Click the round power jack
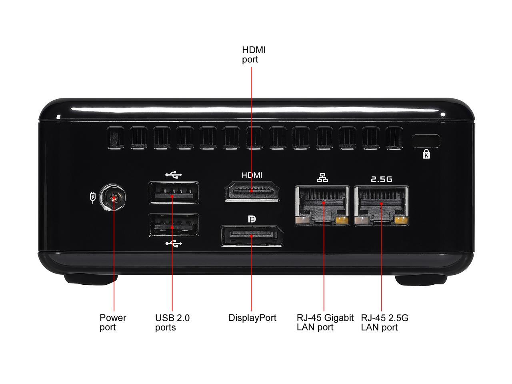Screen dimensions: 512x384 pos(112,198)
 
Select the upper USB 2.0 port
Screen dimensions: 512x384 pos(174,192)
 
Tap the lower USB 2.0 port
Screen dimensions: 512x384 pos(174,225)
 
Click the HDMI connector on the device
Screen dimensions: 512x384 pos(252,191)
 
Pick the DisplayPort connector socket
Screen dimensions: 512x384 pos(252,236)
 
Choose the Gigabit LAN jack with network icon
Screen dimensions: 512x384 pos(322,206)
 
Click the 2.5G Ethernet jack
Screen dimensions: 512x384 pos(381,206)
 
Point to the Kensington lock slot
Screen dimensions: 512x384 pos(426,141)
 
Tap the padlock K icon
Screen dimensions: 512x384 pos(426,154)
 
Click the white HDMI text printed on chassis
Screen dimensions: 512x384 pos(252,175)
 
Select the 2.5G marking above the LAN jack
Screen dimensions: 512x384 pos(382,179)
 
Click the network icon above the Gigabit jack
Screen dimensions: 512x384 pos(322,178)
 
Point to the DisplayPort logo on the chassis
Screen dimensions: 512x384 pos(252,219)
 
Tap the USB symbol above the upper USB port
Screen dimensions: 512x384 pos(174,175)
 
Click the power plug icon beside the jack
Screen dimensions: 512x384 pos(93,198)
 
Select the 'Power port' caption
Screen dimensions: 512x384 pos(113,322)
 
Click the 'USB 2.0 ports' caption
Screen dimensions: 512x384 pos(172,322)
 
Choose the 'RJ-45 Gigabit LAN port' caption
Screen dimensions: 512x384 pos(325,322)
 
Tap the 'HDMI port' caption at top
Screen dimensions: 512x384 pos(254,54)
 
